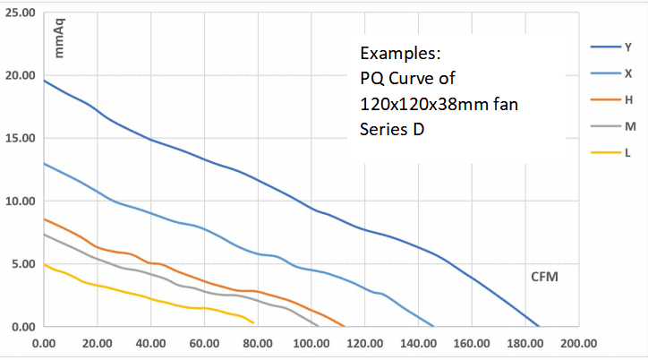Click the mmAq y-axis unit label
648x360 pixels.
(61, 40)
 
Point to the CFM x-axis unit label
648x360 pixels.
(544, 277)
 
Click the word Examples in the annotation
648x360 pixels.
(400, 52)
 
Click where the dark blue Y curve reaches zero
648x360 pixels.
(539, 326)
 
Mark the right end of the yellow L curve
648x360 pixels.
(254, 322)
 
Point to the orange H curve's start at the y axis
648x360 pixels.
(44, 219)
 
